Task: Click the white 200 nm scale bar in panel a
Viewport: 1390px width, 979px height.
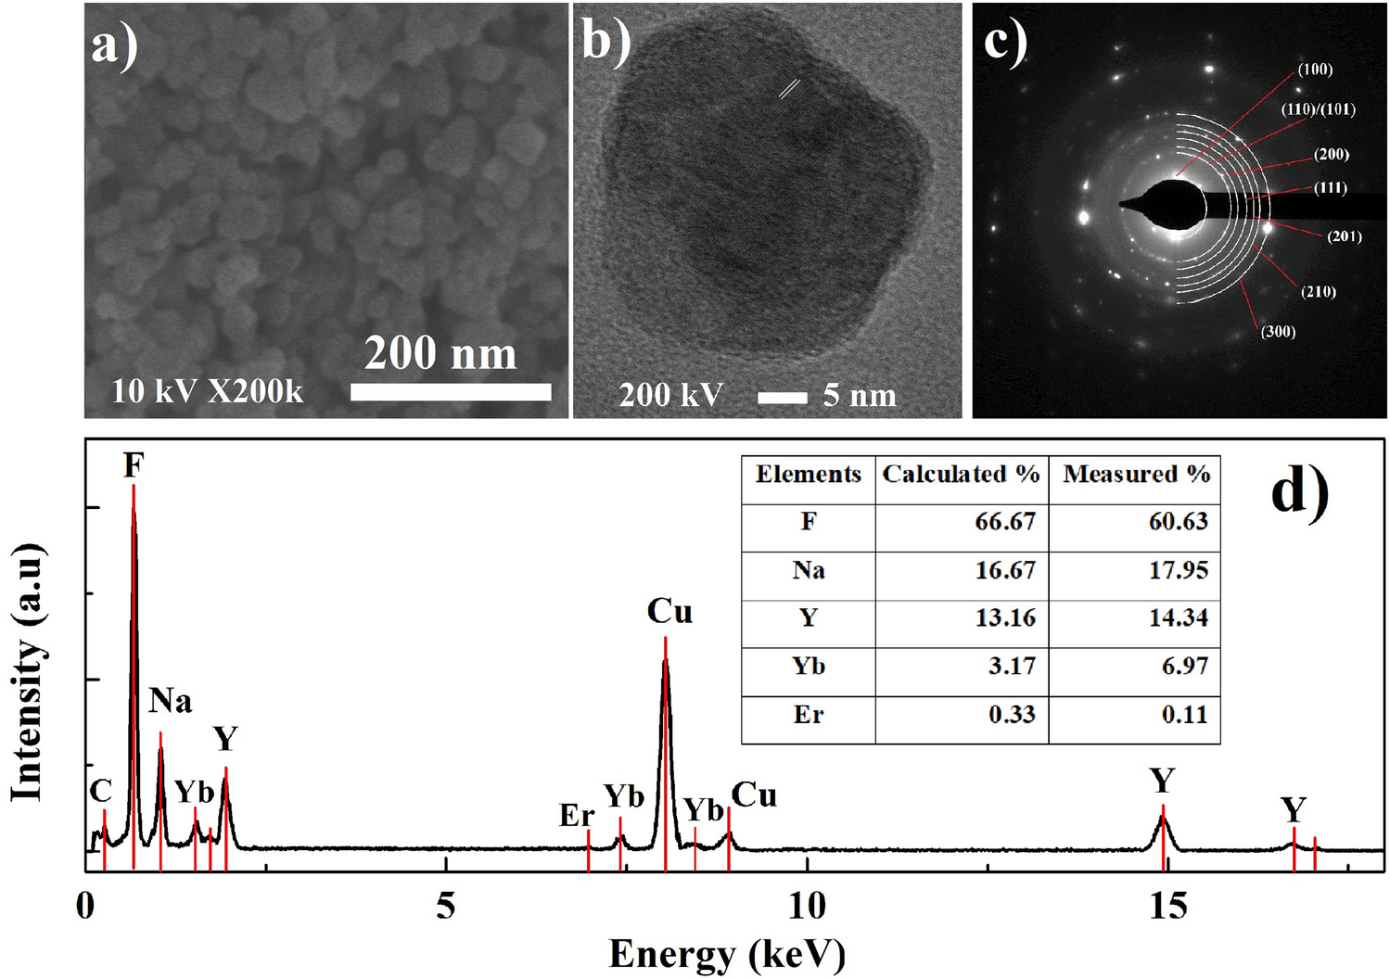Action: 451,392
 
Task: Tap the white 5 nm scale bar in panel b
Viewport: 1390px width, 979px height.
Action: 782,398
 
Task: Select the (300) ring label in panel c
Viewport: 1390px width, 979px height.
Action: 1278,332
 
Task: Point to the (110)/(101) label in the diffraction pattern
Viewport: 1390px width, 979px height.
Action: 1318,109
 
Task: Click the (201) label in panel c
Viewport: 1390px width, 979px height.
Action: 1344,236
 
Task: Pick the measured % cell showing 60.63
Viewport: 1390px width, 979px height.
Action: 1178,522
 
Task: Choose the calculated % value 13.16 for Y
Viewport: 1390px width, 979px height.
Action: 1004,618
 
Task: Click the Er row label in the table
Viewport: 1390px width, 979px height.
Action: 808,715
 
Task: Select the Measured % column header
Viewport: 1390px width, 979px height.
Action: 1136,475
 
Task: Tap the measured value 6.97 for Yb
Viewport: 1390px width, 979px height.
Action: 1184,667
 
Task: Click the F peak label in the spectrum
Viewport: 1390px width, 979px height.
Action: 134,465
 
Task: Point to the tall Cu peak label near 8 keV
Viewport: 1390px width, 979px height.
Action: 669,612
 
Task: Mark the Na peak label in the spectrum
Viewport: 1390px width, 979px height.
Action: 170,701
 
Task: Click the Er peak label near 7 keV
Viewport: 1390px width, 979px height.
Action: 576,816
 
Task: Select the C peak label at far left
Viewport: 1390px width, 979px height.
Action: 100,792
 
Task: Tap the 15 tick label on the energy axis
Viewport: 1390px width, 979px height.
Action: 1167,906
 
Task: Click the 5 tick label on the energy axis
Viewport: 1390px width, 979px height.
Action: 446,906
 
